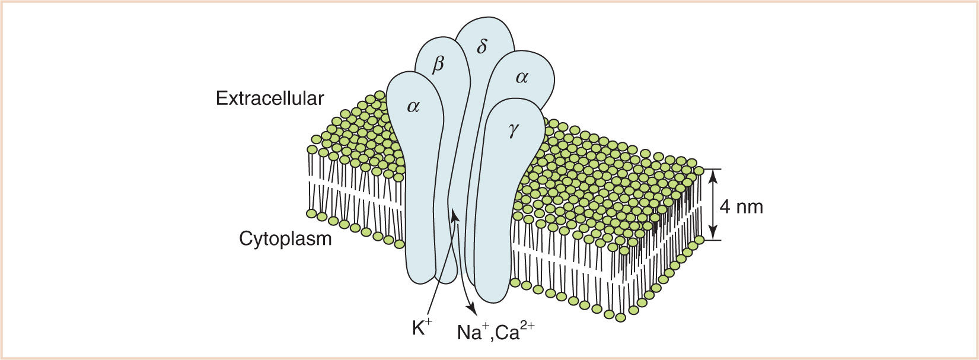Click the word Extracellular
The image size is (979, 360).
click(270, 98)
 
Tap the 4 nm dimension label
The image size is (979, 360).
click(741, 206)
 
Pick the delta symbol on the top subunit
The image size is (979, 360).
click(482, 46)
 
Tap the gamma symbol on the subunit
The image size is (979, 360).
click(514, 132)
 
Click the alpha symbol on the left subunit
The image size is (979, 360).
click(413, 106)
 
